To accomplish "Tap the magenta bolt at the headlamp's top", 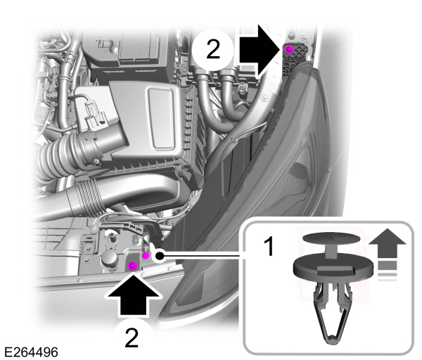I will point(288,49).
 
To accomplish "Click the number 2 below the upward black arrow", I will point(132,337).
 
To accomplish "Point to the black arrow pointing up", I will point(132,297).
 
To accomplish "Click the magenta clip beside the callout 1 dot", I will point(146,256).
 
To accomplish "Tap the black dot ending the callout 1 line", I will point(161,255).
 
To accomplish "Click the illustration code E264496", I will point(30,350).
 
